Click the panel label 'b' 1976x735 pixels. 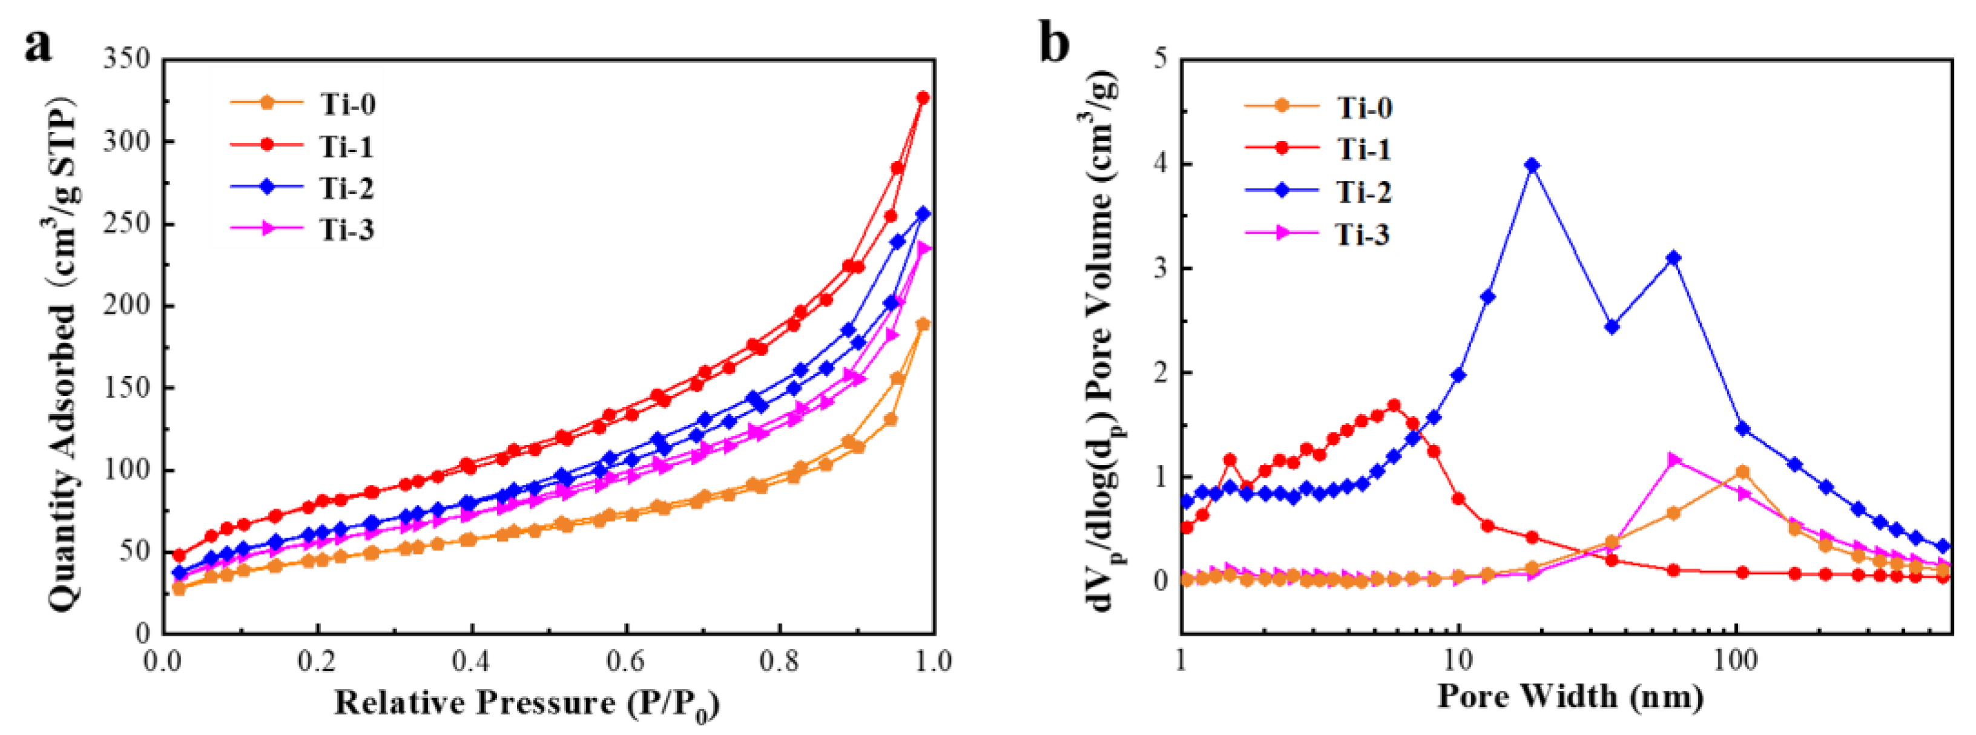pos(1054,43)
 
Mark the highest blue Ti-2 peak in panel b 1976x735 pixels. pos(1532,165)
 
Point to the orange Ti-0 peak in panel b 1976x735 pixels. pos(1742,472)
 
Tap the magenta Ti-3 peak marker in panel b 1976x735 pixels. pos(1674,460)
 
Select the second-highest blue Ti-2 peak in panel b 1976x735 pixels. pos(1674,258)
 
